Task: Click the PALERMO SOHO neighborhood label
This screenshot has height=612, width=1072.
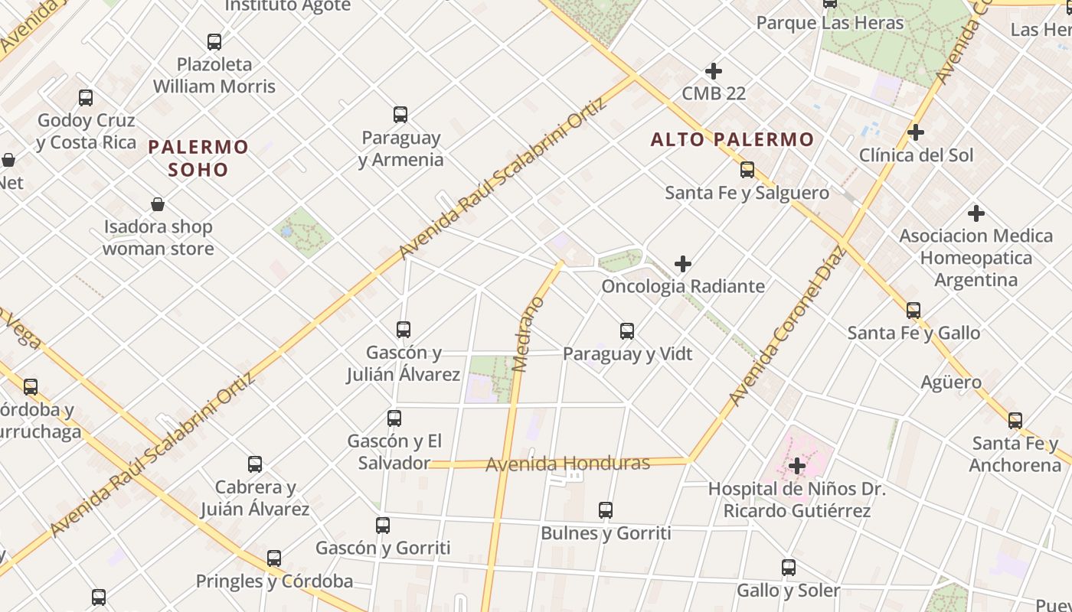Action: tap(198, 158)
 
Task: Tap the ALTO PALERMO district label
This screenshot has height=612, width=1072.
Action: tap(732, 139)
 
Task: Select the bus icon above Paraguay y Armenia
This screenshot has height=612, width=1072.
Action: tap(400, 115)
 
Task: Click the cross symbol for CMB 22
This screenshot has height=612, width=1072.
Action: tap(713, 71)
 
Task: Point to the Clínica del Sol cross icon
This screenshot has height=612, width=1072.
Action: tap(915, 132)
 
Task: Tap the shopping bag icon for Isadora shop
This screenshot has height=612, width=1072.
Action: tap(158, 204)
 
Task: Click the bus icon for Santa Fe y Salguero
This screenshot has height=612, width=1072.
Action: tap(747, 170)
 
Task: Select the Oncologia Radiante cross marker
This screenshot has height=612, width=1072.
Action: tap(682, 265)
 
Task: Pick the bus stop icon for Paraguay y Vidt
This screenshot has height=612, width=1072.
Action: tap(627, 331)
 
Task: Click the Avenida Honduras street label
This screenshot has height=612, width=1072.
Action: tap(567, 464)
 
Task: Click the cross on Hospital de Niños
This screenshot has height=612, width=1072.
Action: tap(797, 465)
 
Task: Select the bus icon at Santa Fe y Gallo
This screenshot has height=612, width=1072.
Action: tap(913, 311)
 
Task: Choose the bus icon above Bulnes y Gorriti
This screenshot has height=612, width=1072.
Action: tap(606, 509)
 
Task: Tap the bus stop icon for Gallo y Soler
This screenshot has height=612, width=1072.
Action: tap(789, 568)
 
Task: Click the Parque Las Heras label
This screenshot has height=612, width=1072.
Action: tap(830, 23)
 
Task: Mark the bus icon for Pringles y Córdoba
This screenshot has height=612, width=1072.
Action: tap(274, 558)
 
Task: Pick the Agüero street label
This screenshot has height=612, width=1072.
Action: tap(951, 382)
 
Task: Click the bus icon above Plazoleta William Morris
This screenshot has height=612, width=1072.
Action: tap(214, 42)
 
